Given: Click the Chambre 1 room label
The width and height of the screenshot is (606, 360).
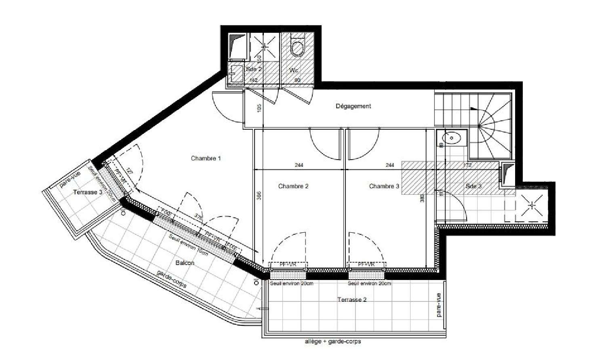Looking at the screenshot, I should (206, 158).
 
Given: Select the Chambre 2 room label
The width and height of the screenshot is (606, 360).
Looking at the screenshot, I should (293, 186).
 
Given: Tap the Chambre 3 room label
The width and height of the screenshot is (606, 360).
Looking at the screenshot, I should (384, 186).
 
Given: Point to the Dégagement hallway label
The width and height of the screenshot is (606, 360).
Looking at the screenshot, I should (353, 106).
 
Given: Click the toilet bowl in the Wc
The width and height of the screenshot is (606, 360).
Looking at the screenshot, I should (297, 48).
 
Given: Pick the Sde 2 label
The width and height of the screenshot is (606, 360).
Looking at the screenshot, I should (254, 69).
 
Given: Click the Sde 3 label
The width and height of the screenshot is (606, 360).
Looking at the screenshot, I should (473, 186).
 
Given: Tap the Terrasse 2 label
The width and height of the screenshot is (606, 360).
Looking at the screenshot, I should (352, 300).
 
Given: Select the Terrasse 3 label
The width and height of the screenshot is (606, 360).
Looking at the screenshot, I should (88, 192).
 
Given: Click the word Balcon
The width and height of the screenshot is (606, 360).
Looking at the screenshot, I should (185, 263).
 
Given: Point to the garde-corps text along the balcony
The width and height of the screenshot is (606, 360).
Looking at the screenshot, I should (172, 279).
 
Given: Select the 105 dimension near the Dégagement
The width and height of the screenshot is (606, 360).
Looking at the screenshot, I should (259, 108).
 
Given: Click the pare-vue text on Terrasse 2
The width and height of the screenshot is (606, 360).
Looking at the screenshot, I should (439, 305).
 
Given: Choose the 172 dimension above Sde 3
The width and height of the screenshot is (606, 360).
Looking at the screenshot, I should (467, 165).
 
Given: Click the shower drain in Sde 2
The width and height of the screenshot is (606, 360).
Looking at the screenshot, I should (265, 47).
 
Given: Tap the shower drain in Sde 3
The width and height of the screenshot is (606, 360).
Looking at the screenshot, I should (532, 205).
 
